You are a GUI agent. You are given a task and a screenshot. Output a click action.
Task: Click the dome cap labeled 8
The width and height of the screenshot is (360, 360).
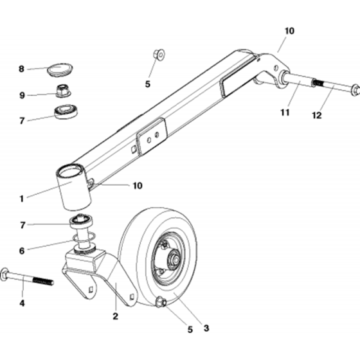[60, 69]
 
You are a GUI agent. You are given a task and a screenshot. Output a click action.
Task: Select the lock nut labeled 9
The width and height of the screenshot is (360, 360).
[64, 91]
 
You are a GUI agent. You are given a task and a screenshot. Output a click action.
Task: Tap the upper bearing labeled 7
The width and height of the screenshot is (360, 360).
[66, 112]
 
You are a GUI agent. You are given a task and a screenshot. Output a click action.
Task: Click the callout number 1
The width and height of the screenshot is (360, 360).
[22, 199]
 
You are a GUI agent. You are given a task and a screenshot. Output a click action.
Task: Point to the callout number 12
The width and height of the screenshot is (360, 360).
[317, 115]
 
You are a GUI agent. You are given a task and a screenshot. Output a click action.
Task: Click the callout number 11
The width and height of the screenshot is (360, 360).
[285, 113]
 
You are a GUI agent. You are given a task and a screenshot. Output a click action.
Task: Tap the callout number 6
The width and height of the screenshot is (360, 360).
[22, 251]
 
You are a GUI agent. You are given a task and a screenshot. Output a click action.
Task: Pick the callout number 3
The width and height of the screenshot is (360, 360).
[206, 328]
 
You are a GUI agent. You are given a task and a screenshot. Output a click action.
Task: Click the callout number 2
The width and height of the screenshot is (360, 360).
[115, 316]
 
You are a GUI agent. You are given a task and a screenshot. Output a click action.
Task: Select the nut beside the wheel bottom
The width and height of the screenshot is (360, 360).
[161, 303]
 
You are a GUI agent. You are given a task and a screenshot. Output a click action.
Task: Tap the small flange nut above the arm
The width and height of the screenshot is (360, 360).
[159, 55]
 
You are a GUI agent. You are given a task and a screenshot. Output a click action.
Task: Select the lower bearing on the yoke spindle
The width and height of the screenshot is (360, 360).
[82, 221]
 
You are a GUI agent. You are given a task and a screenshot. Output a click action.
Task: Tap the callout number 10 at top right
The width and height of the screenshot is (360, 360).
[289, 31]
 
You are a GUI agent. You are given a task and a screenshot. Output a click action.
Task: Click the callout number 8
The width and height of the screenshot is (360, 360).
[21, 69]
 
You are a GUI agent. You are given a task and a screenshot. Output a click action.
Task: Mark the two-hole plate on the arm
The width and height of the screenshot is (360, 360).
[152, 136]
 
